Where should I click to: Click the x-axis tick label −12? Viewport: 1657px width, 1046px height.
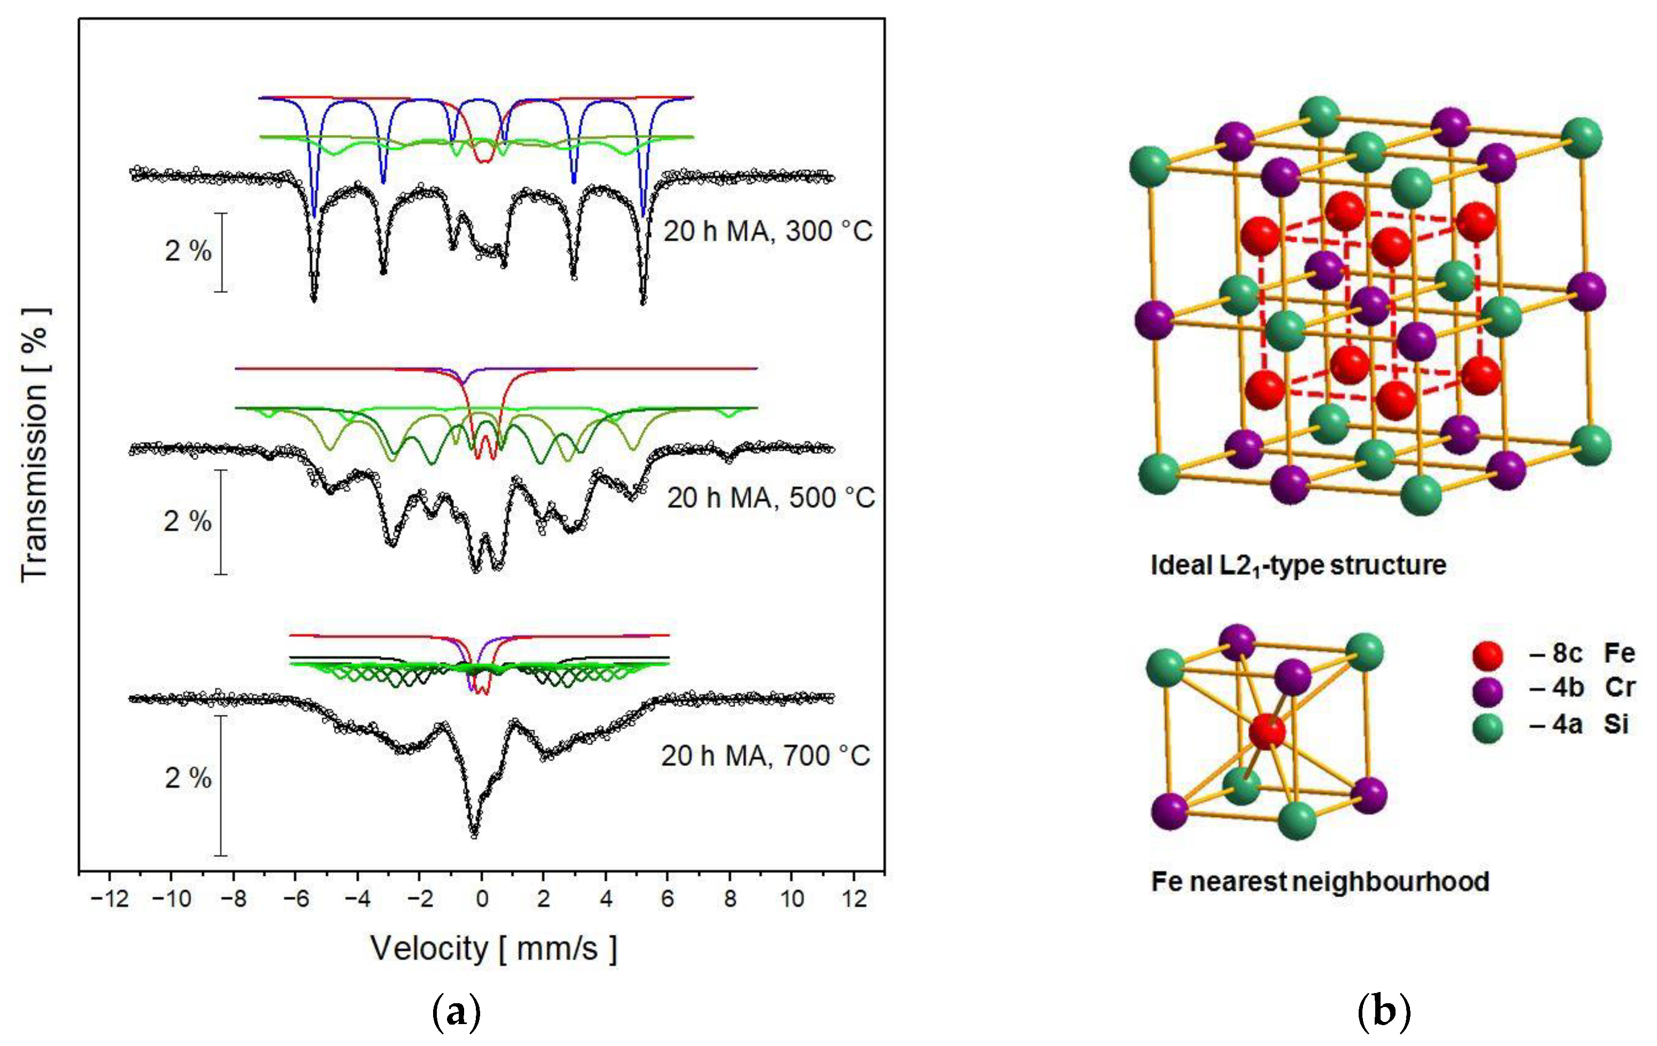click(110, 899)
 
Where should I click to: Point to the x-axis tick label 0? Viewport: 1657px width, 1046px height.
click(482, 899)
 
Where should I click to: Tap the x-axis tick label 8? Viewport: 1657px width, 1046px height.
click(730, 899)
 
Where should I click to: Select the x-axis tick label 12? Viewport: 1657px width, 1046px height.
click(854, 899)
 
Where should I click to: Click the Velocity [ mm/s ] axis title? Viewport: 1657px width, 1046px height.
click(494, 948)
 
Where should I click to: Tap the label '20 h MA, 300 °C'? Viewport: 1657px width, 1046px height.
click(767, 231)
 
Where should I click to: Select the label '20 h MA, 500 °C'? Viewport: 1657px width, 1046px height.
click(770, 497)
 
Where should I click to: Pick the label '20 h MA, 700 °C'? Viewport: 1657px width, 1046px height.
click(766, 756)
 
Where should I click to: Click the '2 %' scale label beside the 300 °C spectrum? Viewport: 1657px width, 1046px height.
click(188, 251)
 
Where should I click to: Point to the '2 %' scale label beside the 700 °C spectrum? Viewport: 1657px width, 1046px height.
click(188, 778)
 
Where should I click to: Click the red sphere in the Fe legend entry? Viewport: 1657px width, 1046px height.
click(1488, 655)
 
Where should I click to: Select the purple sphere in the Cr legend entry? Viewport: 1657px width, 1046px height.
click(1488, 691)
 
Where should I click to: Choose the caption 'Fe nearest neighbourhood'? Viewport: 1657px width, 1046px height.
click(1320, 881)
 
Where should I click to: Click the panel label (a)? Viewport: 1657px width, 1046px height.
click(456, 1012)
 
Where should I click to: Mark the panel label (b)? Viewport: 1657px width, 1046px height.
click(1384, 1012)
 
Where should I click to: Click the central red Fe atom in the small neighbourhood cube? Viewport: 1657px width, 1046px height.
click(1267, 731)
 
